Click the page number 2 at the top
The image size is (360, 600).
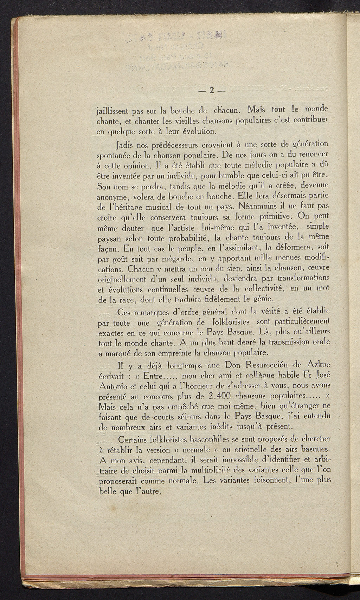[x=211, y=90]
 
